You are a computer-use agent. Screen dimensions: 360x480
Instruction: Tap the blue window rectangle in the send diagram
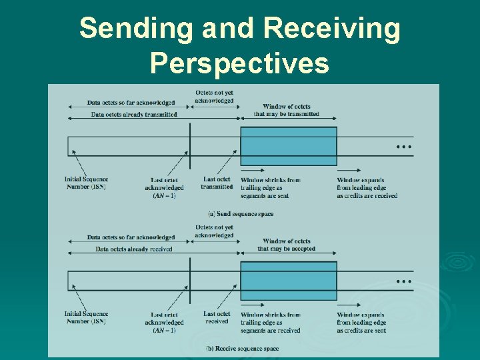click(x=288, y=146)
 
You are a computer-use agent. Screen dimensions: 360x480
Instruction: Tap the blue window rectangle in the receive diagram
click(x=288, y=281)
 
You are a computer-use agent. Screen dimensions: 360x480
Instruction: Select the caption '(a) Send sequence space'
click(x=241, y=214)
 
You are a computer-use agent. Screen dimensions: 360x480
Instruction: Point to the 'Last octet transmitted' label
click(x=217, y=183)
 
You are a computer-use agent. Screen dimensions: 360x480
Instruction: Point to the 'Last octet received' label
click(x=217, y=317)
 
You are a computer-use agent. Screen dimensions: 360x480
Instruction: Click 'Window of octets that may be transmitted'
click(x=287, y=110)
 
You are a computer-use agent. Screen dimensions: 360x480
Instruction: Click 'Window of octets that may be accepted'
click(x=287, y=245)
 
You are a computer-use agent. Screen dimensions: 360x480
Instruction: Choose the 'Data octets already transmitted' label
click(x=134, y=115)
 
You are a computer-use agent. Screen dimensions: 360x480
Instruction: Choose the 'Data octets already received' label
click(x=133, y=249)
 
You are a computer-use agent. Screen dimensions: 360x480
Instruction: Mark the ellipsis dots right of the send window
click(x=404, y=146)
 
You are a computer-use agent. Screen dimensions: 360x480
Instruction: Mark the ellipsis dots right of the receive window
click(x=404, y=281)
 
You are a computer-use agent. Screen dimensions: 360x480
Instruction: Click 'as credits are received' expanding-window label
click(x=367, y=196)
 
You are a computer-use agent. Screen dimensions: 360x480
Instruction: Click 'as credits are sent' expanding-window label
click(x=361, y=330)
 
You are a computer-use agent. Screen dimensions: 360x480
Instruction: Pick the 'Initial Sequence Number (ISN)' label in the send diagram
click(x=86, y=183)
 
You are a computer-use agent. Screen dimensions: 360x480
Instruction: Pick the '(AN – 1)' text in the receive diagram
click(x=164, y=330)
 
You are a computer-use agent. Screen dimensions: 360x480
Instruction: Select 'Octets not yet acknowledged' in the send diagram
click(x=214, y=97)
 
